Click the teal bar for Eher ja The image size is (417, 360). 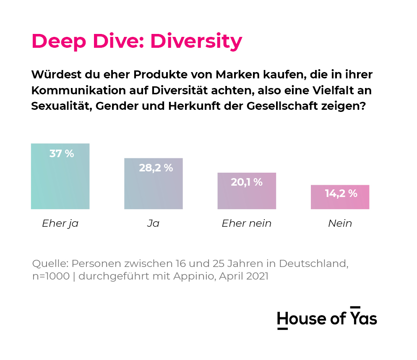60,176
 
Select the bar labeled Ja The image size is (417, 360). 154,184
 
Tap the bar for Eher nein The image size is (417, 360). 247,191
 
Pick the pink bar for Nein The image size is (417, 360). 340,197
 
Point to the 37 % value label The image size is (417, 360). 62,153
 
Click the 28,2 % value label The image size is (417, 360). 156,168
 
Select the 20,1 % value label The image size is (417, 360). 247,182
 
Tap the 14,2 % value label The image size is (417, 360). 341,194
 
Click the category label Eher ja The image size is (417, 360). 60,223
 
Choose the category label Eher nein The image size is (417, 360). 247,223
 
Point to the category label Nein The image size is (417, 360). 340,223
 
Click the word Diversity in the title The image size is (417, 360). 196,42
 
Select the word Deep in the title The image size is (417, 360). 59,42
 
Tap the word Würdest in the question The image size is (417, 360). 56,75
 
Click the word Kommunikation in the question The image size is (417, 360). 78,91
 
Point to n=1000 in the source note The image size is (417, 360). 51,276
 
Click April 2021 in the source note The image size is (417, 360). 244,276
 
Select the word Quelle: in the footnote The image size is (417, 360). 50,264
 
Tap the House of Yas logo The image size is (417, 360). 327,318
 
